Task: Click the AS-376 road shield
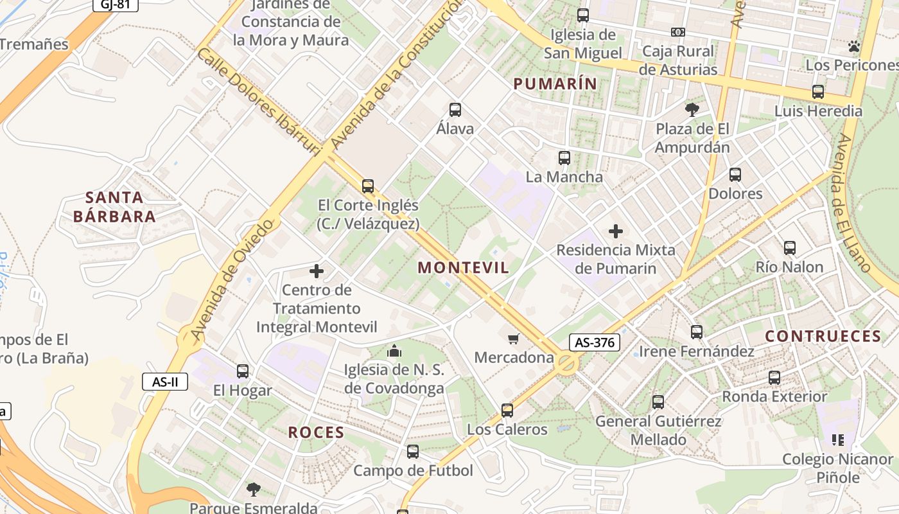[x=594, y=342]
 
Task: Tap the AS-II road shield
[x=165, y=382]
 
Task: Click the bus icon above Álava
[x=455, y=109]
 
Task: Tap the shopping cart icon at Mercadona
[x=513, y=339]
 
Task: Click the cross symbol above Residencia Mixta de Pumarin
[x=616, y=231]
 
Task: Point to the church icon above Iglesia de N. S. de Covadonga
[x=394, y=351]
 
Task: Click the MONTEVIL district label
[x=463, y=268]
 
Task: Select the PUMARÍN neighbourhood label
[x=555, y=84]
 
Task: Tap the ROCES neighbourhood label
[x=316, y=432]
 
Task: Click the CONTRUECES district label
[x=823, y=336]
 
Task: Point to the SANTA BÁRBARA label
[x=114, y=207]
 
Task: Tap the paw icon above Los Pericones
[x=853, y=46]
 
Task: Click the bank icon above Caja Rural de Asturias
[x=677, y=32]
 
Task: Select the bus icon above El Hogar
[x=242, y=371]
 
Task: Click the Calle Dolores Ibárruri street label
[x=258, y=102]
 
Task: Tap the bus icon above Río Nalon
[x=789, y=247]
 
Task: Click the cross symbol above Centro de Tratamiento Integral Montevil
[x=317, y=271]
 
